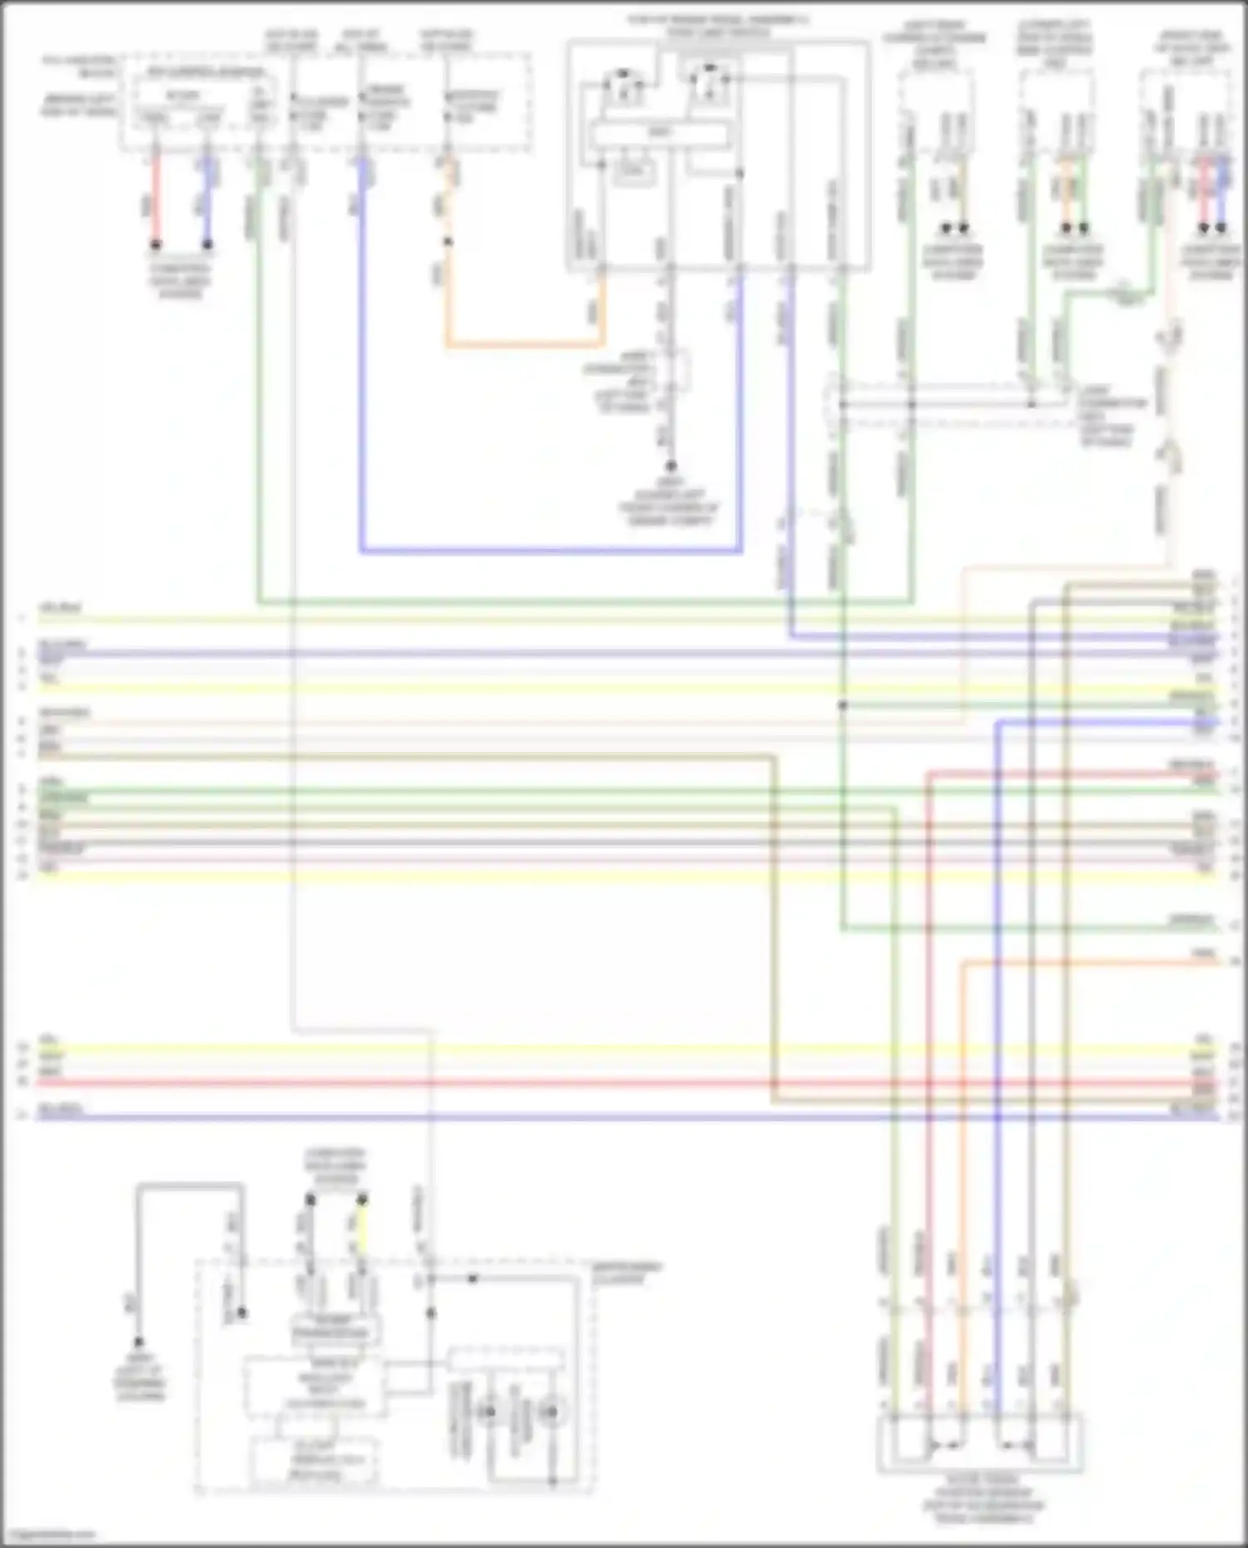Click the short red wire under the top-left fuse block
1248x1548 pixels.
(x=155, y=200)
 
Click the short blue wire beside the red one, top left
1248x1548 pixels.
(x=208, y=200)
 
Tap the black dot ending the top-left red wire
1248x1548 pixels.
(x=155, y=245)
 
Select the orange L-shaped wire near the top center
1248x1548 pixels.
(x=524, y=344)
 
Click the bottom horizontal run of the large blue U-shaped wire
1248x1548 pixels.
(x=549, y=550)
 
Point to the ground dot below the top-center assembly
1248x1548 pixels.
(x=671, y=467)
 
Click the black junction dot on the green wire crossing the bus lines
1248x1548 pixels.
(x=842, y=705)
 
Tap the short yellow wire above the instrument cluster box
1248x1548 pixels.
(x=362, y=1231)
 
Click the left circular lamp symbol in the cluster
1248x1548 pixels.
(x=489, y=1412)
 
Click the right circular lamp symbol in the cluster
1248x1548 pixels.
(x=549, y=1412)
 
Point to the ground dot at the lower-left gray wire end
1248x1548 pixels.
(x=138, y=1342)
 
